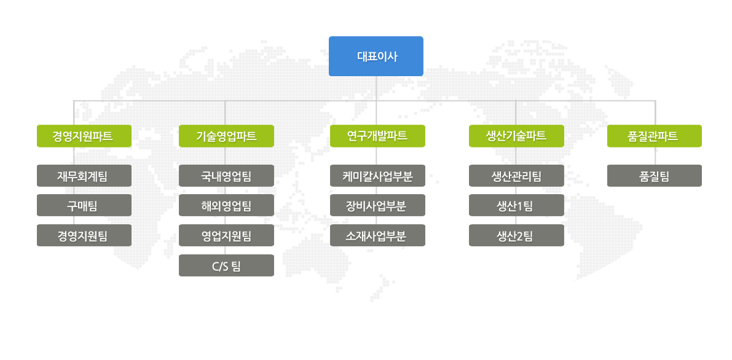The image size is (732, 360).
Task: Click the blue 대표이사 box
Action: (376, 56)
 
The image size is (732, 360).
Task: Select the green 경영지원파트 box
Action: (84, 136)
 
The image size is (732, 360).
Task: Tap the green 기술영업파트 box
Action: (226, 136)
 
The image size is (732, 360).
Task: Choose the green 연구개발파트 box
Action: (377, 136)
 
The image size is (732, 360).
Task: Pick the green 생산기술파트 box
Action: (516, 136)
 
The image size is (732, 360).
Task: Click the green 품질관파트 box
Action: (655, 136)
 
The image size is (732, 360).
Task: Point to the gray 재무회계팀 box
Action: (84, 176)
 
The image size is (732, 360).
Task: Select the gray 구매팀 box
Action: (84, 205)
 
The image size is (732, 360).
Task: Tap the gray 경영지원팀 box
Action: (84, 235)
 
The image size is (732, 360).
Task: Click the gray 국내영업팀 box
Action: (226, 176)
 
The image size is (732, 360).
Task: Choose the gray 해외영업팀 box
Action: (226, 205)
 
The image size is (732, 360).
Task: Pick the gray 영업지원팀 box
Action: (226, 235)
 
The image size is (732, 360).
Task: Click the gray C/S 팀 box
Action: (226, 265)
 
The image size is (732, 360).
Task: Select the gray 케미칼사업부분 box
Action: (377, 176)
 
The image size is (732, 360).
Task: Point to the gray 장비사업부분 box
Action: (377, 205)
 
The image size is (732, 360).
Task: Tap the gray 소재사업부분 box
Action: (377, 235)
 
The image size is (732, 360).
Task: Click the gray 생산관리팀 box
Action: (516, 176)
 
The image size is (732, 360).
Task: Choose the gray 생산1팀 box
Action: (516, 205)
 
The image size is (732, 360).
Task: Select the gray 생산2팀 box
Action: (516, 235)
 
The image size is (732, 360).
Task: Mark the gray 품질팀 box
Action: (655, 176)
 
